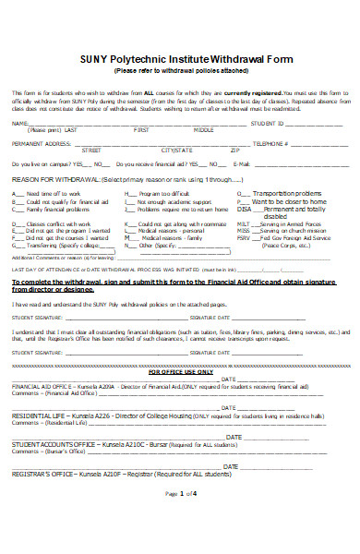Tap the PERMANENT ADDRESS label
pos(41,144)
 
